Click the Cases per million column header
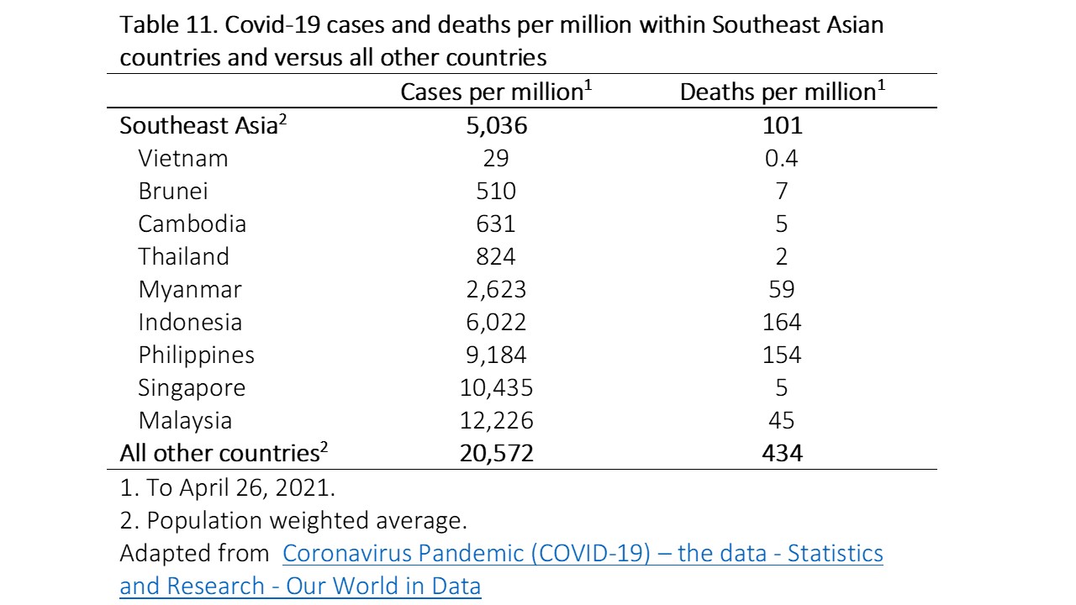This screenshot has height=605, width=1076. tap(496, 92)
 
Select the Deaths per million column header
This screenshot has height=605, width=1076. tap(782, 92)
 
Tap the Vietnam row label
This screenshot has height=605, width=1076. tap(183, 158)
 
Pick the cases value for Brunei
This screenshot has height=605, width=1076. tap(495, 191)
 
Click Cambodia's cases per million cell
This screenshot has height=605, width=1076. tap(495, 224)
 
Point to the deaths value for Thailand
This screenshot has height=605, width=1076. tap(782, 256)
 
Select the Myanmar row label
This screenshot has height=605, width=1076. tap(190, 289)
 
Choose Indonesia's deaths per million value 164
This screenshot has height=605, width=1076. tap(782, 322)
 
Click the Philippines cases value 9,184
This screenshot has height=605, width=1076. tap(495, 355)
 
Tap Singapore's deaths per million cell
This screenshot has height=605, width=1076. tap(782, 387)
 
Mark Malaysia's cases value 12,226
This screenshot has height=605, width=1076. tap(495, 420)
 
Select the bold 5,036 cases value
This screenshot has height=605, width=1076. tap(495, 126)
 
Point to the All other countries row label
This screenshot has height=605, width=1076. tap(223, 454)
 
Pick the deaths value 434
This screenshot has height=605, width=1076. tap(782, 454)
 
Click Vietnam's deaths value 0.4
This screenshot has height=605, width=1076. tap(782, 158)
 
